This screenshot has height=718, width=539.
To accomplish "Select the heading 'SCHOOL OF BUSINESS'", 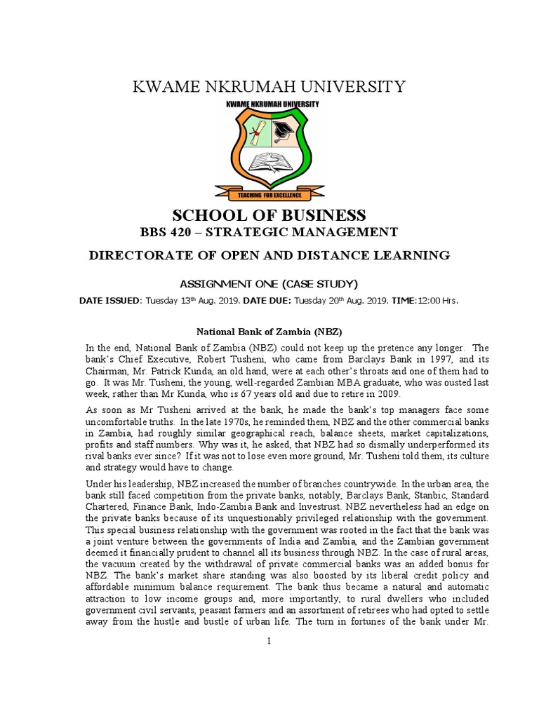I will click(269, 215).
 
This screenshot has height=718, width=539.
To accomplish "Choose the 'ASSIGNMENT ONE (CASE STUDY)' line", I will click(269, 283).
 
